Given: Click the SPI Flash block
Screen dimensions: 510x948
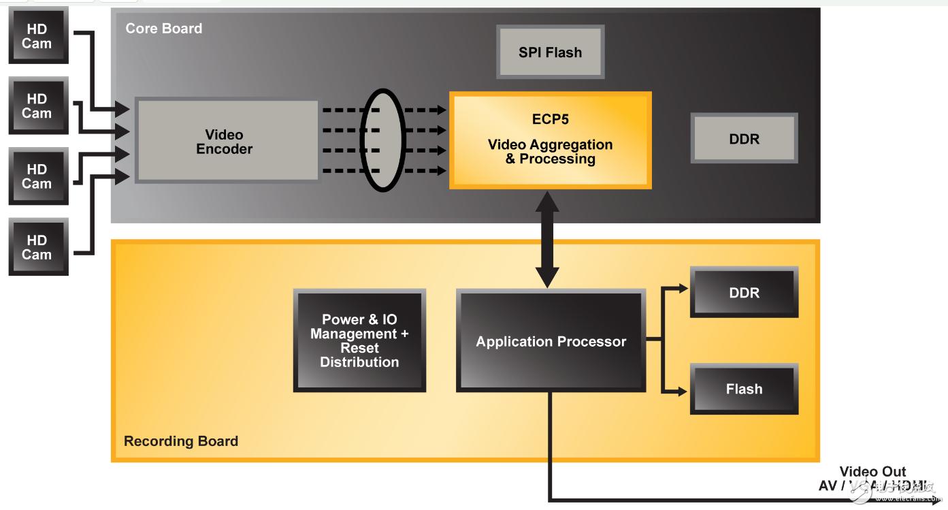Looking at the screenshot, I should pos(550,52).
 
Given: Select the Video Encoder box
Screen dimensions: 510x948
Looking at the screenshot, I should pos(227,142).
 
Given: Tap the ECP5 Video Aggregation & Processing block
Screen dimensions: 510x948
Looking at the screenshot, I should pos(550,140).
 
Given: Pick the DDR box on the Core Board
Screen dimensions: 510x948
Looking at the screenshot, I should pos(744,138).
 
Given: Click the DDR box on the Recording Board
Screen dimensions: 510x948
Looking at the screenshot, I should pos(744,292).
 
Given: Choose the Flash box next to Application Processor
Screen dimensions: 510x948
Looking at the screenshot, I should pos(744,389).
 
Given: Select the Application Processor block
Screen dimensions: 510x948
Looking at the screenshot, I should pos(551,341).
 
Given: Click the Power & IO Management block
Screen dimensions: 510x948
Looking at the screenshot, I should pos(359,340).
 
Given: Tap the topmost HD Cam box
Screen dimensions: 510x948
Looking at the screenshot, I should pos(37,35).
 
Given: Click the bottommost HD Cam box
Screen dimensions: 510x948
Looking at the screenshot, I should pos(37,246).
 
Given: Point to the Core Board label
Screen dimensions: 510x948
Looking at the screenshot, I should pos(164,29).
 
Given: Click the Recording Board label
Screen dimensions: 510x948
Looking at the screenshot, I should pos(181,441).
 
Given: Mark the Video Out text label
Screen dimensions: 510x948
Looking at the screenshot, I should pos(872,472).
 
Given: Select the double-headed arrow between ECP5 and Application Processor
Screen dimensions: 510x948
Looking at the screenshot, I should pos(547,239).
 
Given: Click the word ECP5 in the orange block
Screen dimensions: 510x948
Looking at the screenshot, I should pos(550,119).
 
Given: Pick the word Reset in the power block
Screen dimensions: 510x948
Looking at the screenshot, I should pos(359,348).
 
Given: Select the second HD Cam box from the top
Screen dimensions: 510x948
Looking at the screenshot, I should pos(37,106).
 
